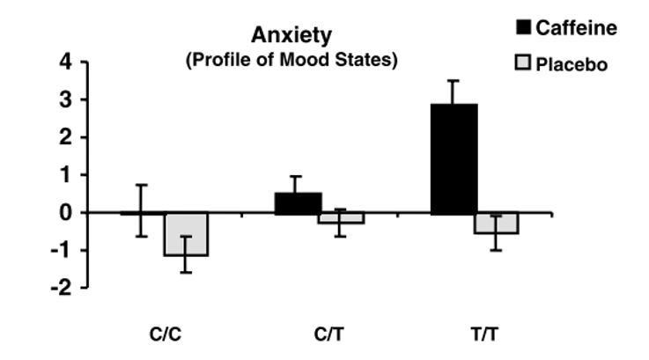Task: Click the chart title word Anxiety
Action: click(291, 36)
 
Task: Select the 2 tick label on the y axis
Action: click(63, 138)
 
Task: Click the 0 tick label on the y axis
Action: click(63, 213)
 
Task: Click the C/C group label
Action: click(164, 335)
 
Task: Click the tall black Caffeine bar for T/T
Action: click(454, 158)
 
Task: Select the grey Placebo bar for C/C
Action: click(186, 234)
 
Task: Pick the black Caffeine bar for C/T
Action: click(299, 203)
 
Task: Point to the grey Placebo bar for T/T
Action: click(497, 224)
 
